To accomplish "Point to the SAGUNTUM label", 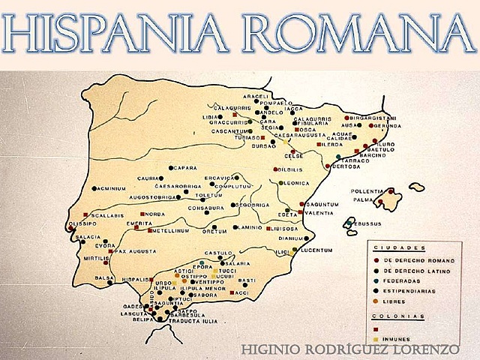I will point(322,203).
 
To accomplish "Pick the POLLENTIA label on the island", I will point(367,191).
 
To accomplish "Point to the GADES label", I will point(133,306).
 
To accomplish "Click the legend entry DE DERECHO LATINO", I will point(415,269).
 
